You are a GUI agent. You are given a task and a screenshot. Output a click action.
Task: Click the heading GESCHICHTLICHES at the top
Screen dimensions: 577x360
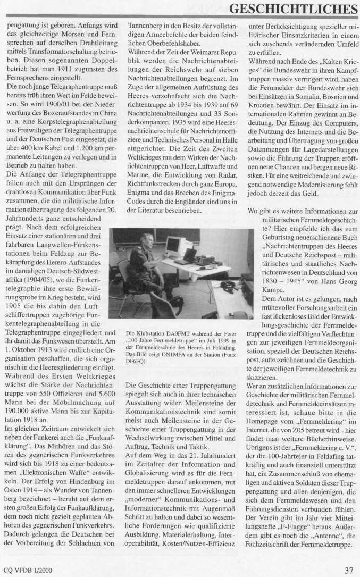pos(293,9)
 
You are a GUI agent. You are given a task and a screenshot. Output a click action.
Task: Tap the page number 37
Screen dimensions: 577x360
pos(349,570)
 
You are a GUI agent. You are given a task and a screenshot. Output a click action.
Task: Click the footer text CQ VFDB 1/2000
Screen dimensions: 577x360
pos(28,570)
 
